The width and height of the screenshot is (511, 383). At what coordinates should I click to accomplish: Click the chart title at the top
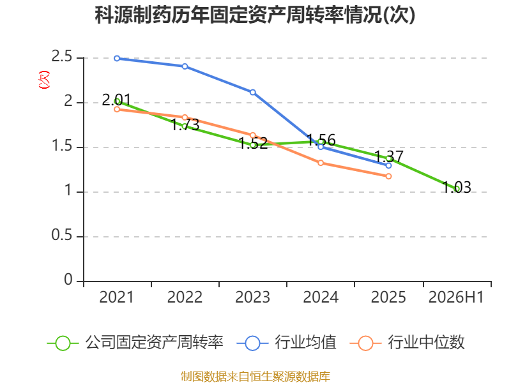point(255,15)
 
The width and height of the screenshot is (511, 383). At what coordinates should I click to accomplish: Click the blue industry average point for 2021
point(117,58)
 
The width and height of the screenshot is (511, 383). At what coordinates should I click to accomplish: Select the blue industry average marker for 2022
point(185,66)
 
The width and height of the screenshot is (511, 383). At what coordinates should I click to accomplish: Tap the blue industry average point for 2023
point(252,93)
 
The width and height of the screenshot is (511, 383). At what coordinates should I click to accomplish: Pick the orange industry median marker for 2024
point(321,163)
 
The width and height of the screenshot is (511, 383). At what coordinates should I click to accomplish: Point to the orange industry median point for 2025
point(388,176)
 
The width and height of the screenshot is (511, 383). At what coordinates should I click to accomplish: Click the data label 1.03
point(457,187)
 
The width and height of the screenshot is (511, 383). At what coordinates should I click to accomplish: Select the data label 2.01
point(116,100)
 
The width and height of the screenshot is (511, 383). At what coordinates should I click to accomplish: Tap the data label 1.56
point(321,140)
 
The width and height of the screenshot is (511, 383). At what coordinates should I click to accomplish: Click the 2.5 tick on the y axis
point(61,57)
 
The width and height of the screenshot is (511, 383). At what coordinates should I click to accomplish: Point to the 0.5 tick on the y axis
point(61,235)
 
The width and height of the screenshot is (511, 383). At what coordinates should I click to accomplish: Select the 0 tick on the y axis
point(68,280)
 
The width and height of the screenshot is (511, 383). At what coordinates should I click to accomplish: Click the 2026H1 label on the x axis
point(456,297)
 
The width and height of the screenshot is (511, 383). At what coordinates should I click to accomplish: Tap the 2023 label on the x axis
point(252,297)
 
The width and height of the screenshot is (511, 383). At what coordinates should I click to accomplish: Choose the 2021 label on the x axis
point(116,297)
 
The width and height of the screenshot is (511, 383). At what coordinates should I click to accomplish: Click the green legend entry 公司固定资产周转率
point(135,343)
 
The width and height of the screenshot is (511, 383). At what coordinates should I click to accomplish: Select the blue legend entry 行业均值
point(286,343)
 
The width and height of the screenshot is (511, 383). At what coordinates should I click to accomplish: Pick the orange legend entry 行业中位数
point(407,343)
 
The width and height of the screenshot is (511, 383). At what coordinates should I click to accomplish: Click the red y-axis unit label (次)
point(44,79)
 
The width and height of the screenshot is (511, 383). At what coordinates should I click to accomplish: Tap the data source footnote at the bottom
point(255,377)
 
